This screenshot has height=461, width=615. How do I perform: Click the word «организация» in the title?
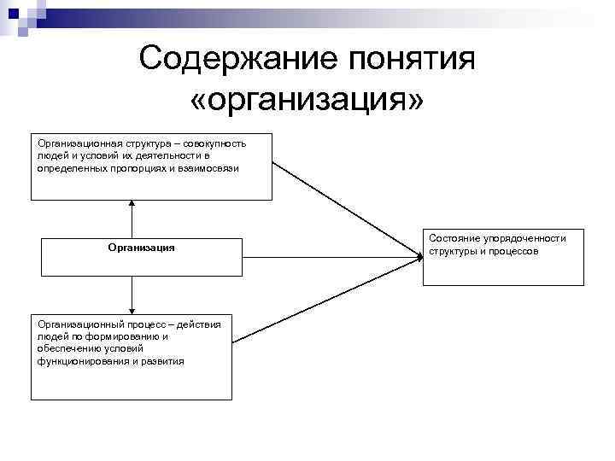click(x=307, y=101)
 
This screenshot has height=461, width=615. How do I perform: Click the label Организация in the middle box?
click(x=141, y=248)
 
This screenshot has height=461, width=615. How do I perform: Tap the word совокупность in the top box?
click(x=215, y=143)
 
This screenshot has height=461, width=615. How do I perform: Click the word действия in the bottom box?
click(x=202, y=324)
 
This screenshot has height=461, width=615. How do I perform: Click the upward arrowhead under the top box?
click(x=132, y=203)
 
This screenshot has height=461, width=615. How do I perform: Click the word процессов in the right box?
click(x=512, y=252)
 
